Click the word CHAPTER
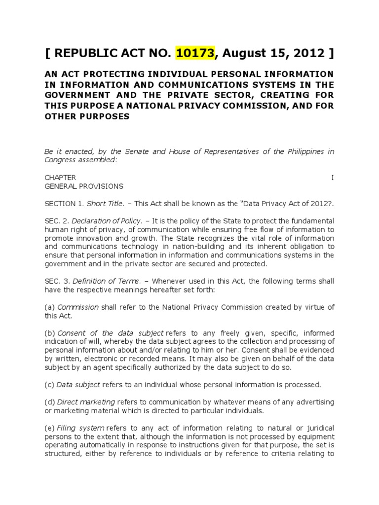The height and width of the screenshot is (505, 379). pyautogui.click(x=60, y=178)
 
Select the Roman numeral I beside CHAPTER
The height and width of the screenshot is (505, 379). pyautogui.click(x=332, y=178)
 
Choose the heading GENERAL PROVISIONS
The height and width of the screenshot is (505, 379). pyautogui.click(x=84, y=186)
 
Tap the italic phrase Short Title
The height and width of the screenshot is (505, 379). pyautogui.click(x=100, y=204)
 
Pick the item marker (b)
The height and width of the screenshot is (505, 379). pyautogui.click(x=49, y=333)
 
